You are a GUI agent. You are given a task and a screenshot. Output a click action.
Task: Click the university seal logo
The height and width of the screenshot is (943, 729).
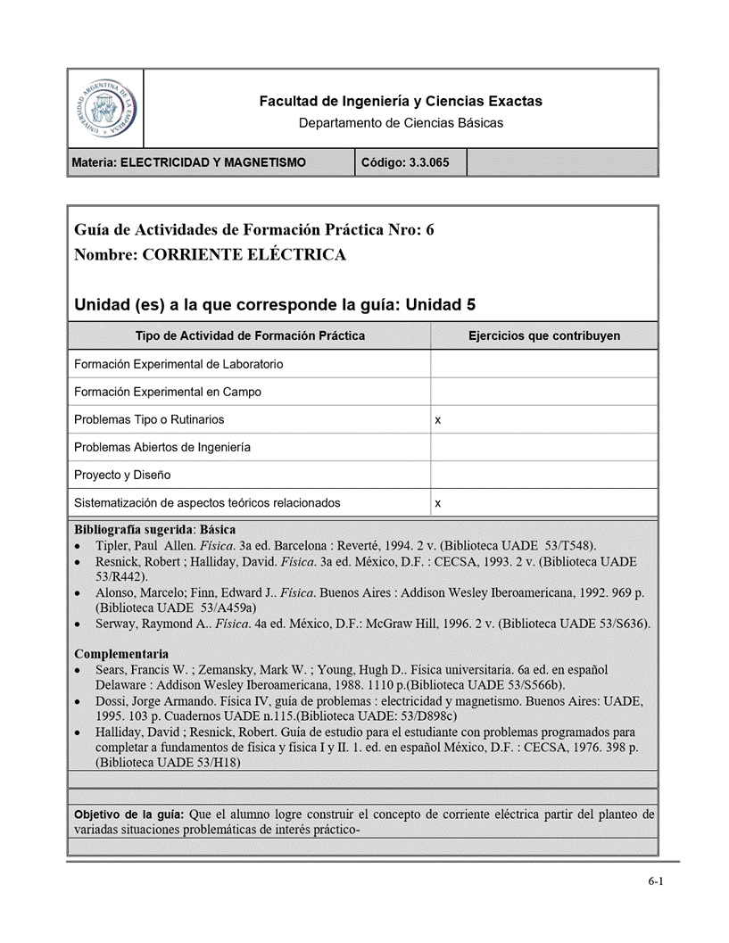[x=105, y=108]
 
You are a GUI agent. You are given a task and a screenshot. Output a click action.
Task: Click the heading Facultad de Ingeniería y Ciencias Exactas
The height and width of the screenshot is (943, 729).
[x=401, y=102]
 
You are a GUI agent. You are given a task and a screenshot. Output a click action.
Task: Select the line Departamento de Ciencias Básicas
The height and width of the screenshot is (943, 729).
[x=401, y=123]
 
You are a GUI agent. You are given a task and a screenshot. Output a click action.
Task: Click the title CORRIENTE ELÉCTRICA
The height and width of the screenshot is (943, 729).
[x=244, y=255]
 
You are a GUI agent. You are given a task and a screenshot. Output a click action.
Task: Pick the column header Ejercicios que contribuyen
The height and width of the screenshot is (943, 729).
[x=544, y=336]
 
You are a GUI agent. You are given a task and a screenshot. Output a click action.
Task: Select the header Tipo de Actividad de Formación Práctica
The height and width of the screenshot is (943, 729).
[x=250, y=336]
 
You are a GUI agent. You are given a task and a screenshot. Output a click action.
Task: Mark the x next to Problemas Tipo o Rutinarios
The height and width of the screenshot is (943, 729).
[x=437, y=420]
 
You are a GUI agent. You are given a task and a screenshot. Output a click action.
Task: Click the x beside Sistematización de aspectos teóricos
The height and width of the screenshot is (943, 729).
[x=437, y=504]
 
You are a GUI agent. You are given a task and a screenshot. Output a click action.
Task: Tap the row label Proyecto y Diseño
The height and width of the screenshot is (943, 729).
[x=122, y=475]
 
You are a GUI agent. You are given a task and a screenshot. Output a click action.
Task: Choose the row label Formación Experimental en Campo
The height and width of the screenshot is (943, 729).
[x=168, y=392]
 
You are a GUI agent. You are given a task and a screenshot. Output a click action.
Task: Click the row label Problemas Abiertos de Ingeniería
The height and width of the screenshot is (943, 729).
[x=162, y=447]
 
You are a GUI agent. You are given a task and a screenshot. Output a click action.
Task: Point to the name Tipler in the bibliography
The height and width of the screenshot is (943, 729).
[x=112, y=545]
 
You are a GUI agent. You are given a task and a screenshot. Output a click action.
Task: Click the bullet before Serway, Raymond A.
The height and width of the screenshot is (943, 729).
[x=80, y=624]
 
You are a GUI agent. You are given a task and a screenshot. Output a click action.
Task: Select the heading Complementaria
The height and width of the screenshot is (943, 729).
[x=121, y=654]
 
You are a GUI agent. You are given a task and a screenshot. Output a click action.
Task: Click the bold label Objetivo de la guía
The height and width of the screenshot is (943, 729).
[x=129, y=815]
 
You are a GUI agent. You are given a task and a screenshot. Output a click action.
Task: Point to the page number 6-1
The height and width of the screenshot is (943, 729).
[x=656, y=882]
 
